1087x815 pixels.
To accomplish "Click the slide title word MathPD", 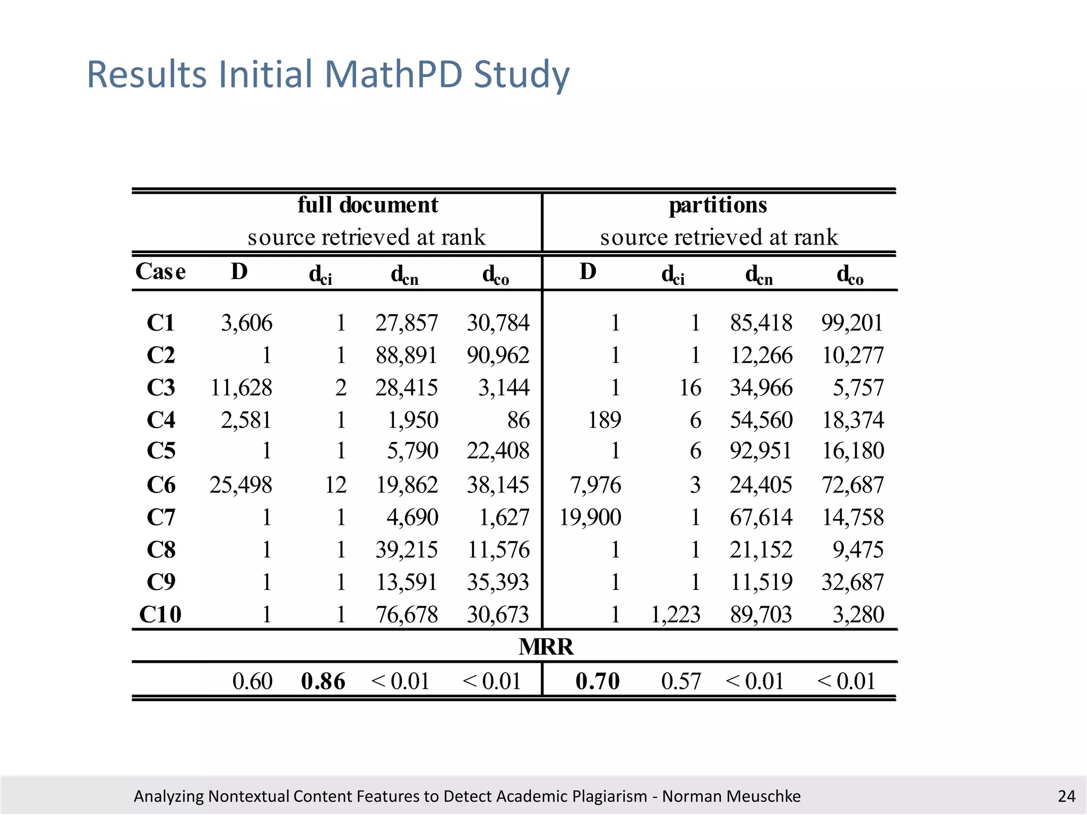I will [393, 74].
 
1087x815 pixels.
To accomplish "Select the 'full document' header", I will [367, 205].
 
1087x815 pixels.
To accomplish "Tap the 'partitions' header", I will [718, 205].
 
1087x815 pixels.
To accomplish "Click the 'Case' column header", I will [160, 272].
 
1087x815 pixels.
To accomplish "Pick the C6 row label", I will [161, 484].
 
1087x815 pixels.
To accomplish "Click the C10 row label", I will [160, 614].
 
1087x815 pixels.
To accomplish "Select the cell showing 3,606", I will [246, 323].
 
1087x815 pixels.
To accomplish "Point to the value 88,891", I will [406, 355].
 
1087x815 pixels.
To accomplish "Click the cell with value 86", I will [518, 420].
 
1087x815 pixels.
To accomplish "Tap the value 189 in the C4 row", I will [604, 420].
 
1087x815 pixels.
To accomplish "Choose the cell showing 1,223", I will [675, 614].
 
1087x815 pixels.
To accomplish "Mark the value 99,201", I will [852, 323].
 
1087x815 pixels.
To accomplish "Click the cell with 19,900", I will [590, 517].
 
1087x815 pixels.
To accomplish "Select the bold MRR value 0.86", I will [323, 681].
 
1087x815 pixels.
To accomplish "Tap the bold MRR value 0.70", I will [597, 681].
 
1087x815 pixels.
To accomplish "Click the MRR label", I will [546, 647].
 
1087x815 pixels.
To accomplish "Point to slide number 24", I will [1066, 796].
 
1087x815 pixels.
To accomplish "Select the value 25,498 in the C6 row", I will [240, 484].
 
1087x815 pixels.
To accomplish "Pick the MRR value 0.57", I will [680, 681].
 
